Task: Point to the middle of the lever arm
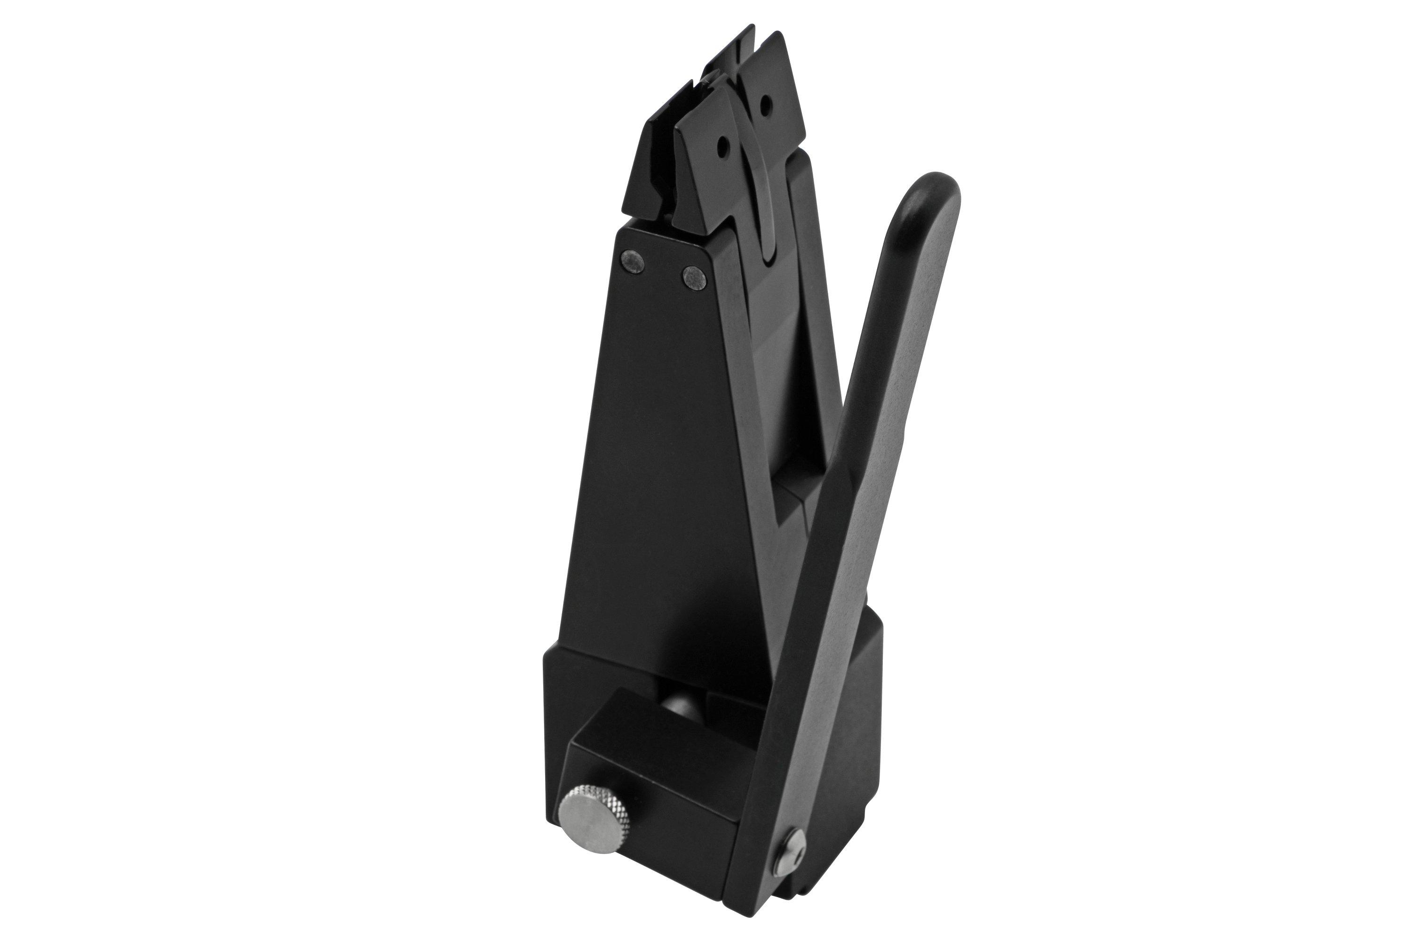(864, 480)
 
